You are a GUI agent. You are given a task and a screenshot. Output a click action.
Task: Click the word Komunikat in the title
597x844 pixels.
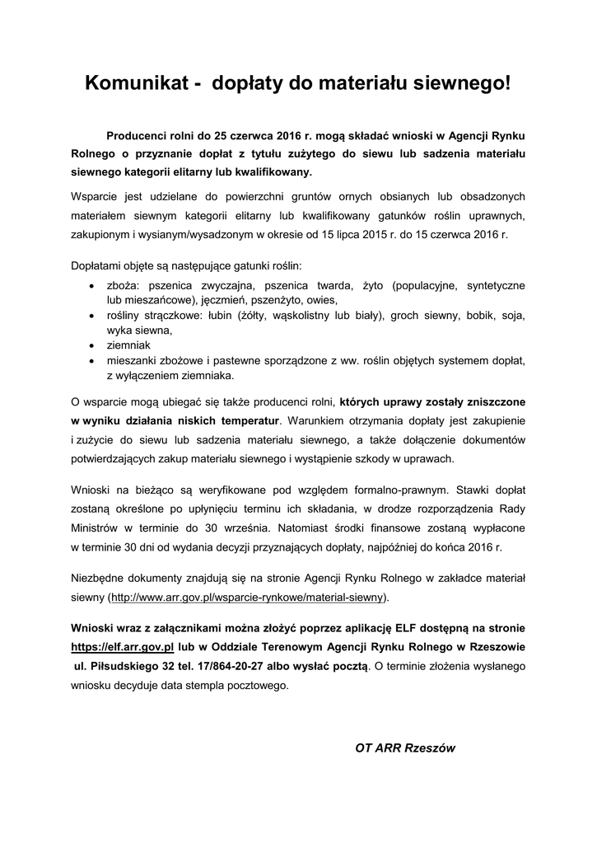(x=134, y=82)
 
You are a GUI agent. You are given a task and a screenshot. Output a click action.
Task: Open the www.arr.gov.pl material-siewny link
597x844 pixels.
(x=248, y=596)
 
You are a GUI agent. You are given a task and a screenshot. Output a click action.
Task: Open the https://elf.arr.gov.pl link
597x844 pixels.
(x=122, y=649)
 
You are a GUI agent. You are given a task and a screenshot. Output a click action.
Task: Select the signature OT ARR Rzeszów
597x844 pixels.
(x=404, y=748)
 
